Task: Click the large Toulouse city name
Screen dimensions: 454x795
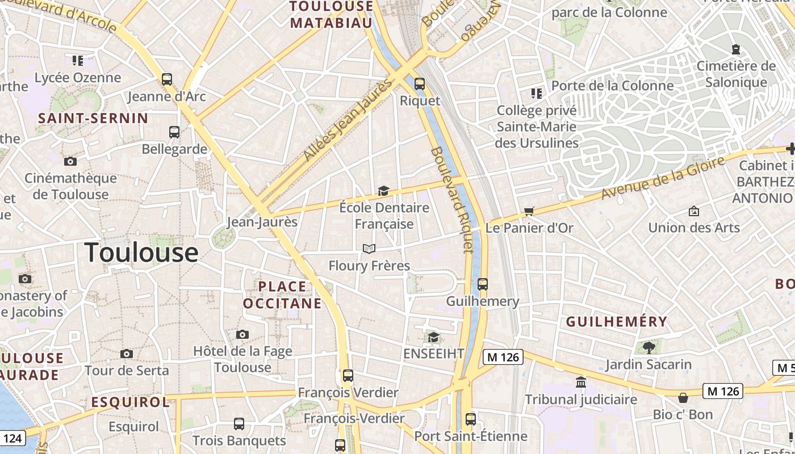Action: click(141, 253)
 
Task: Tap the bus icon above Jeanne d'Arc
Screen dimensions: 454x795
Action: click(166, 79)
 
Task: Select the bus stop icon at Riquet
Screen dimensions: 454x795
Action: click(420, 84)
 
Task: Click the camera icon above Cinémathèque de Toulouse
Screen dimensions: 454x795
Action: click(70, 162)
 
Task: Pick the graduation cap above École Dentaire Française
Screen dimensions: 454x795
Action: click(384, 191)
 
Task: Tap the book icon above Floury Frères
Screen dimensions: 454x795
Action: click(369, 249)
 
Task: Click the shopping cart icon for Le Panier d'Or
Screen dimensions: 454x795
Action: click(529, 212)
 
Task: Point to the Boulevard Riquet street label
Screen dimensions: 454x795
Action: click(452, 199)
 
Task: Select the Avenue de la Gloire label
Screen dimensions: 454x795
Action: click(663, 178)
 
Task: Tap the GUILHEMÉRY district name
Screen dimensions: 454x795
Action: click(617, 322)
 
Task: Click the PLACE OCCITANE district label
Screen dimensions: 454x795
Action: click(282, 295)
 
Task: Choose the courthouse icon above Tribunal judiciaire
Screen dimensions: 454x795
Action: click(580, 382)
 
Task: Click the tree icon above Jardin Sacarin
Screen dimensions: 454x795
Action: click(648, 347)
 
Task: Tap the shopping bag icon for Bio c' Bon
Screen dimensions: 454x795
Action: click(683, 398)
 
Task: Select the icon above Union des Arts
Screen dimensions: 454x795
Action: click(693, 211)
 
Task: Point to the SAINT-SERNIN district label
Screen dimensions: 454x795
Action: click(93, 119)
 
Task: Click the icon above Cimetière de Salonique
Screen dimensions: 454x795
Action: click(736, 49)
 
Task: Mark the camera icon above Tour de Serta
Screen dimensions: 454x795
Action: click(127, 354)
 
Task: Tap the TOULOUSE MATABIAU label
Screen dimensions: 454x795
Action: click(332, 15)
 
